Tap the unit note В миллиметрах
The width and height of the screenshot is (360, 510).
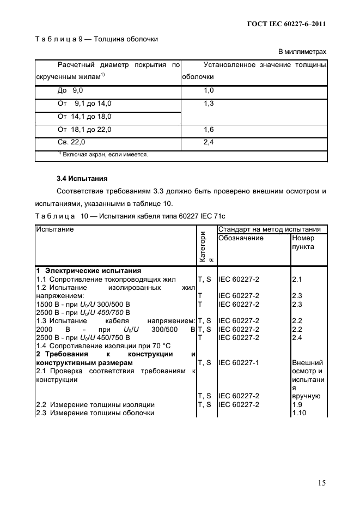click(302, 52)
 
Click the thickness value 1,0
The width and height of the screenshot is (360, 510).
click(209, 90)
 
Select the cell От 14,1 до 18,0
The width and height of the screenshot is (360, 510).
click(84, 117)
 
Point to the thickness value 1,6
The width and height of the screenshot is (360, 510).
click(209, 130)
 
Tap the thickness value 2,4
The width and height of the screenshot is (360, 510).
click(209, 143)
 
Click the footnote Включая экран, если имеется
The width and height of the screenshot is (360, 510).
click(103, 155)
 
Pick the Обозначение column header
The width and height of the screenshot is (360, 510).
click(241, 238)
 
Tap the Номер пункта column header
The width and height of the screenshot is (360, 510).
click(303, 242)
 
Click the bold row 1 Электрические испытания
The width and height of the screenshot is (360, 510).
click(88, 271)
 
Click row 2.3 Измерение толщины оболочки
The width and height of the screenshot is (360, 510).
click(95, 413)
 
